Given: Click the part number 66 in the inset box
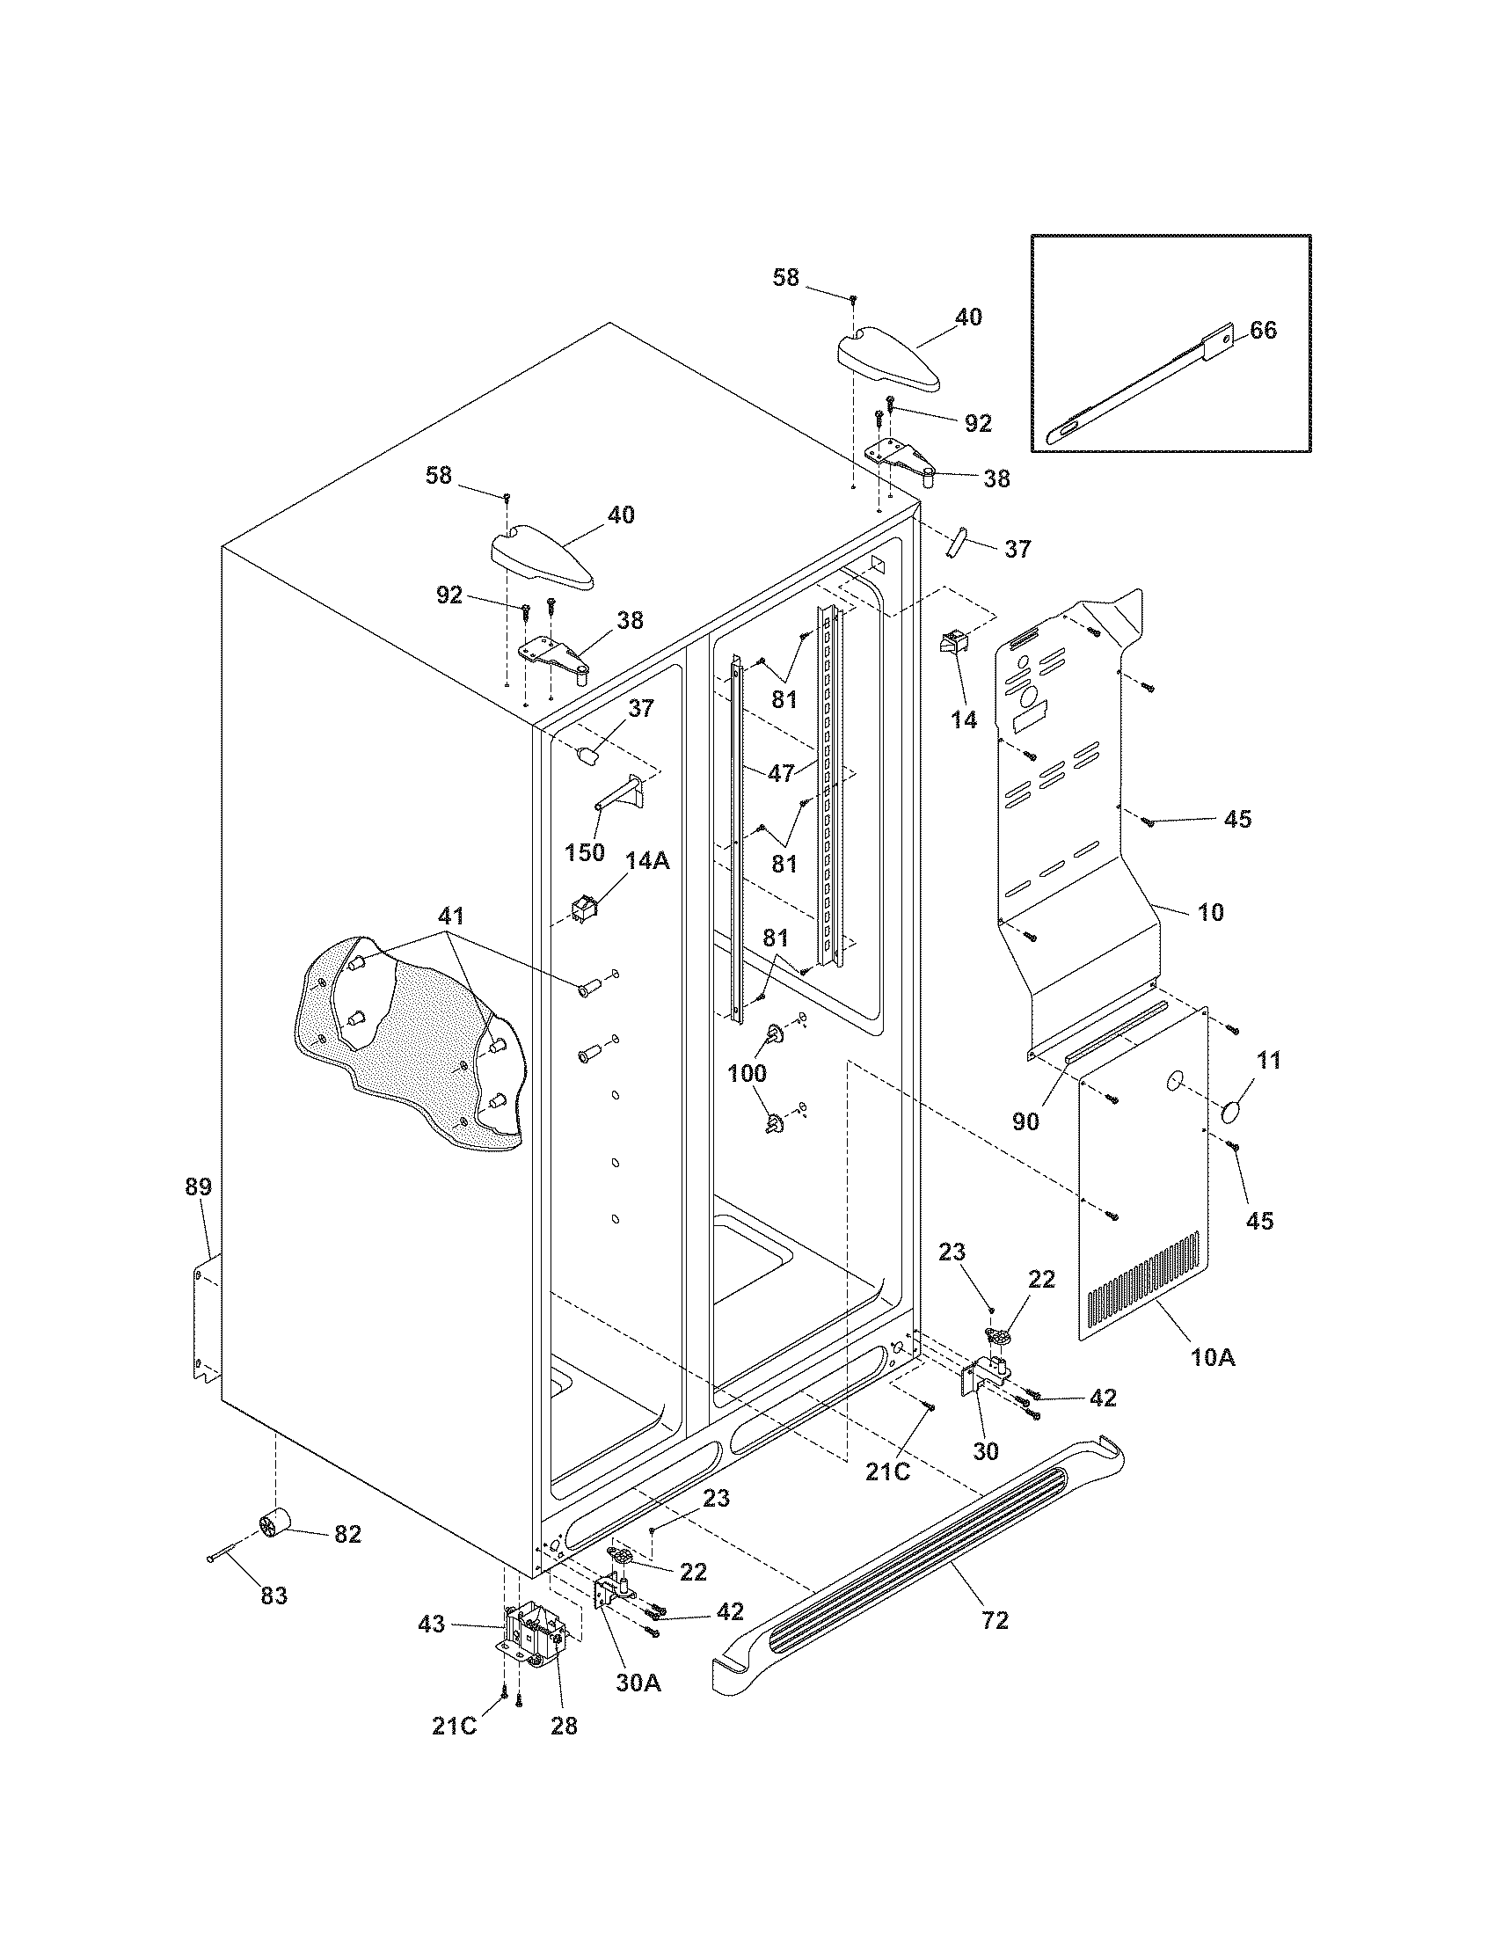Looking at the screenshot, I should (1263, 330).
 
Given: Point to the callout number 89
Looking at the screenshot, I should (199, 1187).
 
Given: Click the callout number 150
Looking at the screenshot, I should (585, 852).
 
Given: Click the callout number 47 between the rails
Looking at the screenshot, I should (781, 773).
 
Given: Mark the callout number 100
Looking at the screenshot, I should (747, 1074).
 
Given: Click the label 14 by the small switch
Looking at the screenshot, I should (964, 719).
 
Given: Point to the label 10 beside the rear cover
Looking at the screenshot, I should (1210, 912).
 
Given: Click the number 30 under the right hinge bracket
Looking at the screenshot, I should (985, 1450).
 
